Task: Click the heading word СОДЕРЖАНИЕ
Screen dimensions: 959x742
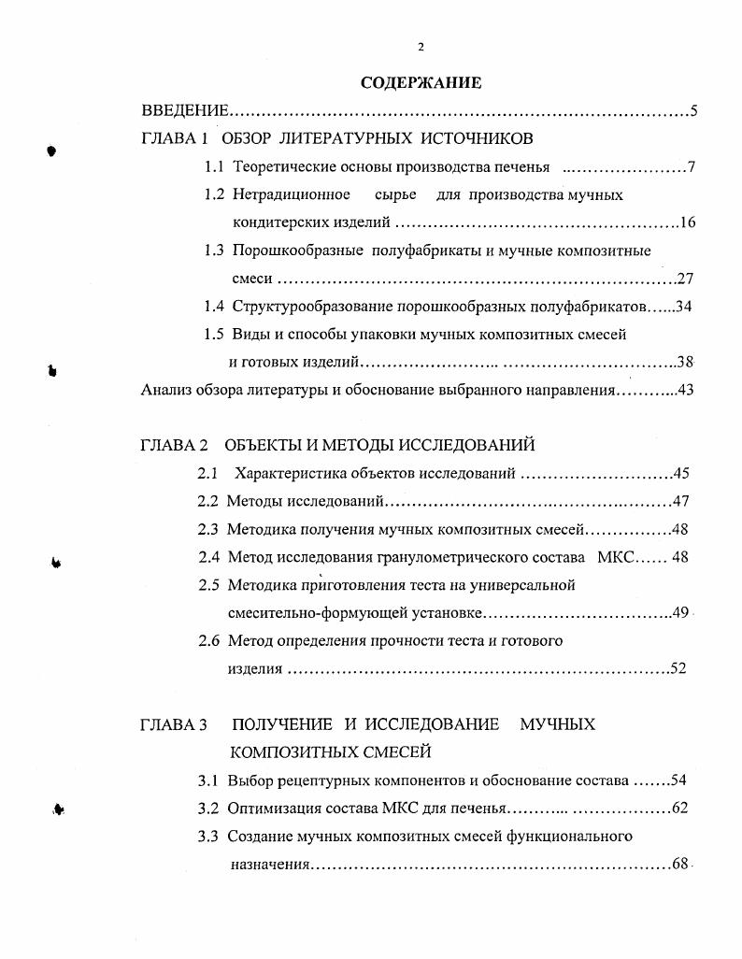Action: click(x=421, y=83)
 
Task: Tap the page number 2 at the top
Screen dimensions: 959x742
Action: click(x=421, y=48)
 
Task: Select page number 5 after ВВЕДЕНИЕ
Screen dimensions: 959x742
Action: click(x=693, y=112)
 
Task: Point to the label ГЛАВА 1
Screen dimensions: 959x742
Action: click(x=174, y=139)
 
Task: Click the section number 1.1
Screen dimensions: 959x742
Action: click(x=214, y=167)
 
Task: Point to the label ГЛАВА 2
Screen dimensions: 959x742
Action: click(x=174, y=445)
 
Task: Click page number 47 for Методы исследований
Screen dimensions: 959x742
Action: click(x=679, y=501)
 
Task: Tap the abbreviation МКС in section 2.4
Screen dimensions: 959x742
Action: click(x=615, y=557)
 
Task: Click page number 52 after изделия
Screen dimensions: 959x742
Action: click(x=678, y=668)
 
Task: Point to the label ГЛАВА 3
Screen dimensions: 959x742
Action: click(x=174, y=724)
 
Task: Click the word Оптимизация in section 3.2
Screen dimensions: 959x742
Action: click(x=272, y=808)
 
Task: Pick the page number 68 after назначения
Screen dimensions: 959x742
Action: click(x=679, y=864)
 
